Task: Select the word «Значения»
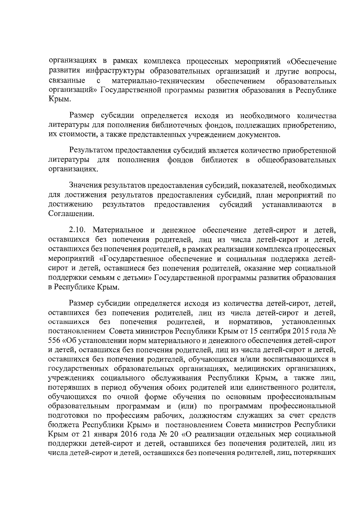click(85, 185)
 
